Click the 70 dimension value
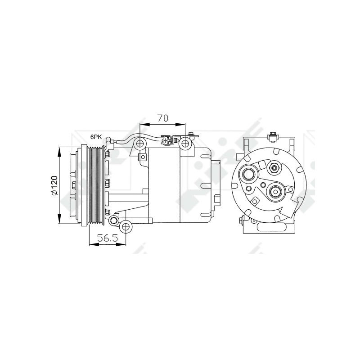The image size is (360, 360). pyautogui.click(x=162, y=118)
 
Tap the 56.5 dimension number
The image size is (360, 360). pyautogui.click(x=108, y=238)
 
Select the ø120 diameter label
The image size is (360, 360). pyautogui.click(x=54, y=185)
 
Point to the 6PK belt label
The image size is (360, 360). pyautogui.click(x=96, y=137)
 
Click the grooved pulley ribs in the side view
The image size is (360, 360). pyautogui.click(x=96, y=185)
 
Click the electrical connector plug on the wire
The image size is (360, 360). pyautogui.click(x=166, y=140)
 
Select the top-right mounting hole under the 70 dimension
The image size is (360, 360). pyautogui.click(x=185, y=144)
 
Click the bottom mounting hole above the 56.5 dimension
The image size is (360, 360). pyautogui.click(x=126, y=227)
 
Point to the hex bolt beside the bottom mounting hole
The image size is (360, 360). pyautogui.click(x=113, y=220)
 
